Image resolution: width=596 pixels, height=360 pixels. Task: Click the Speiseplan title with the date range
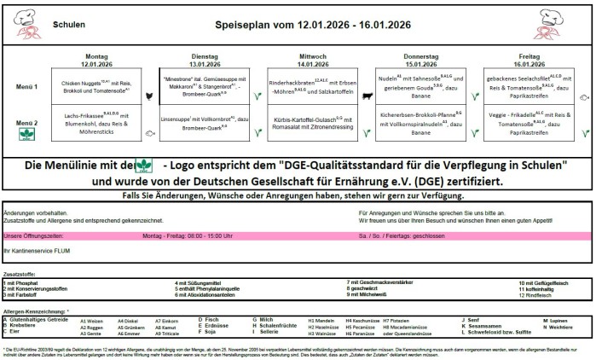point(299,26)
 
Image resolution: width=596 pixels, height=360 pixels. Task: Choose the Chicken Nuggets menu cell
point(95,87)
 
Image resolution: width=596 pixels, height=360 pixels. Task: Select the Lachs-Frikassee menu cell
point(95,122)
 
